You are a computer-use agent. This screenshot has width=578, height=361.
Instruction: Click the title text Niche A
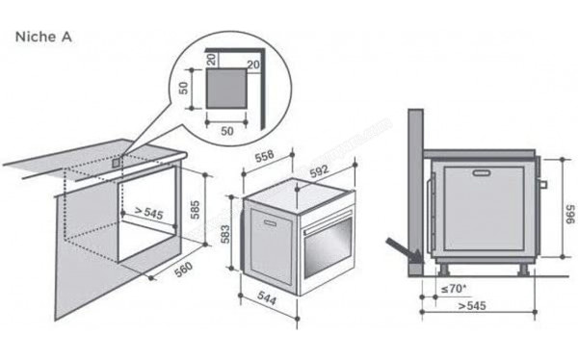(39, 36)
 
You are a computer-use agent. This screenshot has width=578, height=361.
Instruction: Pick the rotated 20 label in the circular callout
(212, 61)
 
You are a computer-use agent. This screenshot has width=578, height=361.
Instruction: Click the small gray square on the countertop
(117, 163)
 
